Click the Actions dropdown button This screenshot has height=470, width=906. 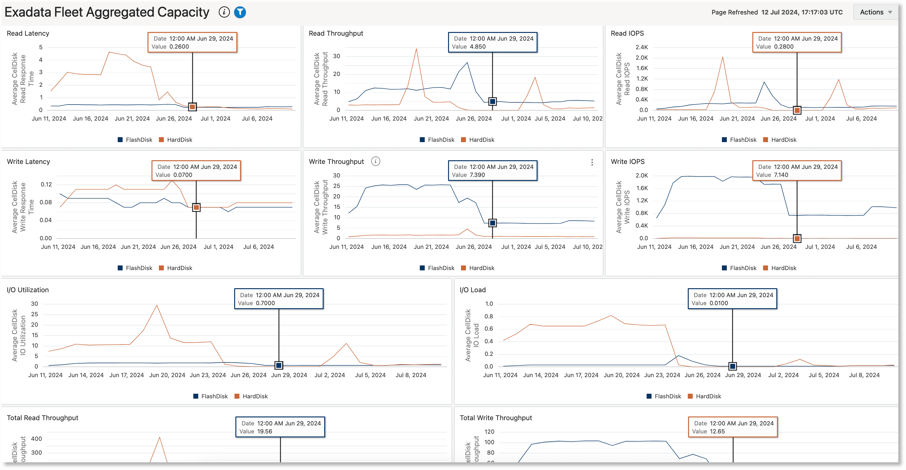875,12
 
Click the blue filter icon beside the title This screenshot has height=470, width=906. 240,12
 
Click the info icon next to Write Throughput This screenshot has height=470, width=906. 376,161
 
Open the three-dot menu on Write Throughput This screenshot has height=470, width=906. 592,162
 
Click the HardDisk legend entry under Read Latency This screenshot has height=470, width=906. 175,140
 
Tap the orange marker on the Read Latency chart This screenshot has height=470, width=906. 192,107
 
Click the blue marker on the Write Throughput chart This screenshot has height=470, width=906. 492,223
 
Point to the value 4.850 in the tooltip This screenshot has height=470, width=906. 477,46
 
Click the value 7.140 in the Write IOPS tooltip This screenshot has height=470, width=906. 781,175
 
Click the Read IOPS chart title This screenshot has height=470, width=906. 627,34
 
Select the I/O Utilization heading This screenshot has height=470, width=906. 28,290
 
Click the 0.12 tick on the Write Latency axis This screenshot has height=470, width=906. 46,185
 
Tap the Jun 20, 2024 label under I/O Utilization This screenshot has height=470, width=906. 167,375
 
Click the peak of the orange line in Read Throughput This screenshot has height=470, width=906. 416,49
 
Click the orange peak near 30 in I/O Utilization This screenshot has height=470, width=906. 157,305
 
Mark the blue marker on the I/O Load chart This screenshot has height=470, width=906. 732,366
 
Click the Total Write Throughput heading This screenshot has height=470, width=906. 495,418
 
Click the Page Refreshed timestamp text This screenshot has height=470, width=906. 802,12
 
